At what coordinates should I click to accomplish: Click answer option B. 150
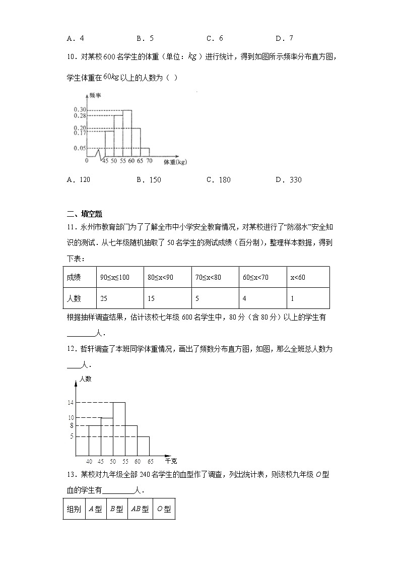(x=149, y=180)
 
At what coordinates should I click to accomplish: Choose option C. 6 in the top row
(x=215, y=38)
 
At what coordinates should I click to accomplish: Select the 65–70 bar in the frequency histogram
(x=145, y=152)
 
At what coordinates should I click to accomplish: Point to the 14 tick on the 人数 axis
(x=71, y=403)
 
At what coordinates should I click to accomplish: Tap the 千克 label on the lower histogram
(x=171, y=461)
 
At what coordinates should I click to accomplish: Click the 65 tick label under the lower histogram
(x=150, y=461)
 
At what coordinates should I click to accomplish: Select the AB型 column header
(x=140, y=510)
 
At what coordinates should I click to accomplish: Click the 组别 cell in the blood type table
(x=74, y=510)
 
